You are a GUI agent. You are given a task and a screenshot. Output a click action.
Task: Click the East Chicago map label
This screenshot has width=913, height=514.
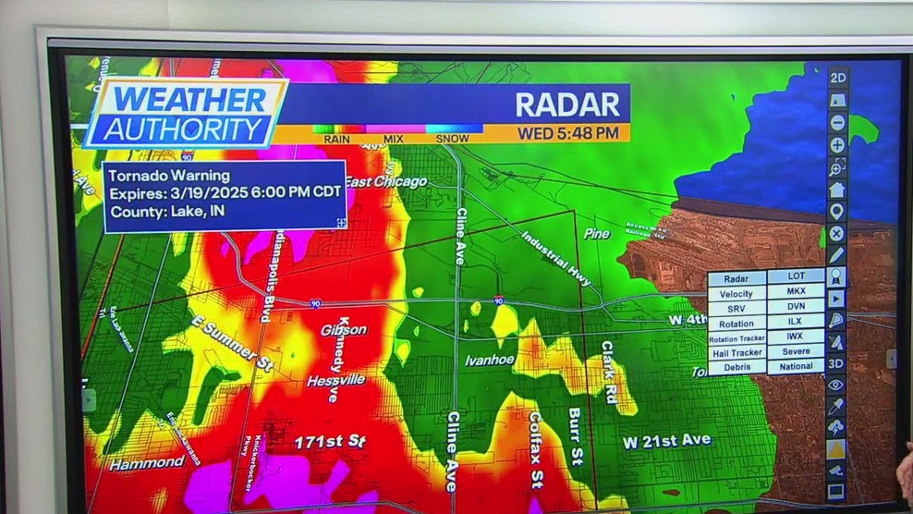coord(388,182)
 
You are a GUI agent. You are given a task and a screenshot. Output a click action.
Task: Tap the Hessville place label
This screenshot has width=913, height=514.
coord(336,380)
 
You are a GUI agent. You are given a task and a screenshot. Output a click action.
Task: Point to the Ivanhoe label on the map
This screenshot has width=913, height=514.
coord(489,360)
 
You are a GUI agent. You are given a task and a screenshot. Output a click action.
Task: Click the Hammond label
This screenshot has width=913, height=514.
coord(147,463)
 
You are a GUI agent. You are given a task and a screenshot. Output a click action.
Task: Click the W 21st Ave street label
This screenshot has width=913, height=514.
coord(666,441)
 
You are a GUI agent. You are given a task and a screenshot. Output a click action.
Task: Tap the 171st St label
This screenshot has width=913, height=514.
coord(329,442)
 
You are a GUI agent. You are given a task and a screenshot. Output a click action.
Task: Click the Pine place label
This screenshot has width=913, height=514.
coord(597,234)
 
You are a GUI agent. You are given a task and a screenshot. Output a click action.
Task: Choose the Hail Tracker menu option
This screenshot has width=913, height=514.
coord(736,352)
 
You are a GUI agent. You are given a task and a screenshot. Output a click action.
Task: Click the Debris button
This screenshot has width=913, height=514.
coord(736,367)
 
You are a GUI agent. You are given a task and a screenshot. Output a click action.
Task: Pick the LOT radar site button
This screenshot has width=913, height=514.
coord(796,277)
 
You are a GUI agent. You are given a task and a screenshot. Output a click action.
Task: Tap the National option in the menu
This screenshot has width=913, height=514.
coord(796,367)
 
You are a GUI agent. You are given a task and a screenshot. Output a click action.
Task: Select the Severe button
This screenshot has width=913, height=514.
coord(796,352)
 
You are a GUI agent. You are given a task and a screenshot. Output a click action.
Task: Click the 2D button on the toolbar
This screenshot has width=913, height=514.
coord(837,78)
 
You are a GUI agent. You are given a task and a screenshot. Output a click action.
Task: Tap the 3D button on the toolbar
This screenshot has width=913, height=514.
coord(836,363)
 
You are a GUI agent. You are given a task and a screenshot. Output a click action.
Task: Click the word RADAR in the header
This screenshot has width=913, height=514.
coord(566,104)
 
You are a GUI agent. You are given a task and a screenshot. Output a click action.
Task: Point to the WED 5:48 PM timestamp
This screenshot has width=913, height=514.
coord(567,133)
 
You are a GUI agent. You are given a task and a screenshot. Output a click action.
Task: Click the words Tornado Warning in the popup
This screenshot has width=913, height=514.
coord(169,176)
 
